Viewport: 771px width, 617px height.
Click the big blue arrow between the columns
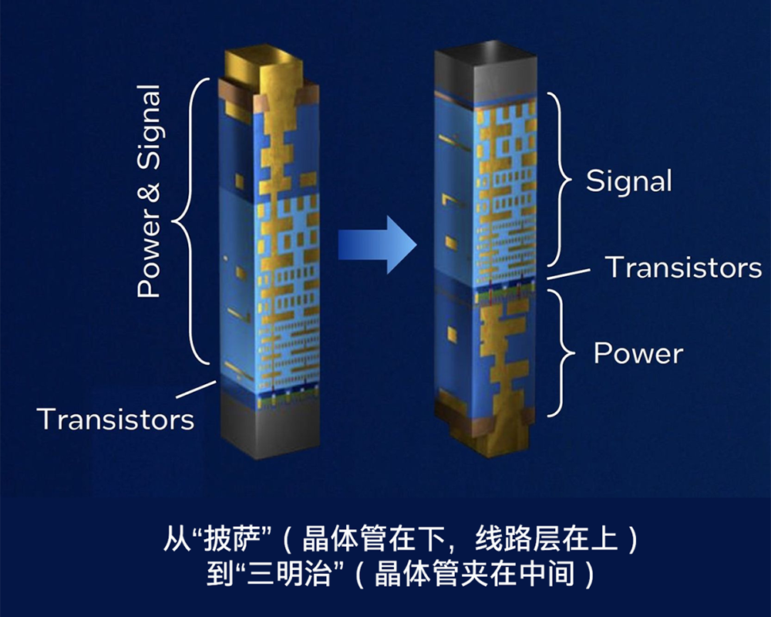click(376, 244)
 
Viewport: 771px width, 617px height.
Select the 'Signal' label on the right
click(628, 181)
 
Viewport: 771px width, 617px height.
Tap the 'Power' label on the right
click(638, 353)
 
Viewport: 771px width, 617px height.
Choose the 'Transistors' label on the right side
click(683, 267)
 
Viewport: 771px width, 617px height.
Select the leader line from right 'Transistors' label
click(571, 272)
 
